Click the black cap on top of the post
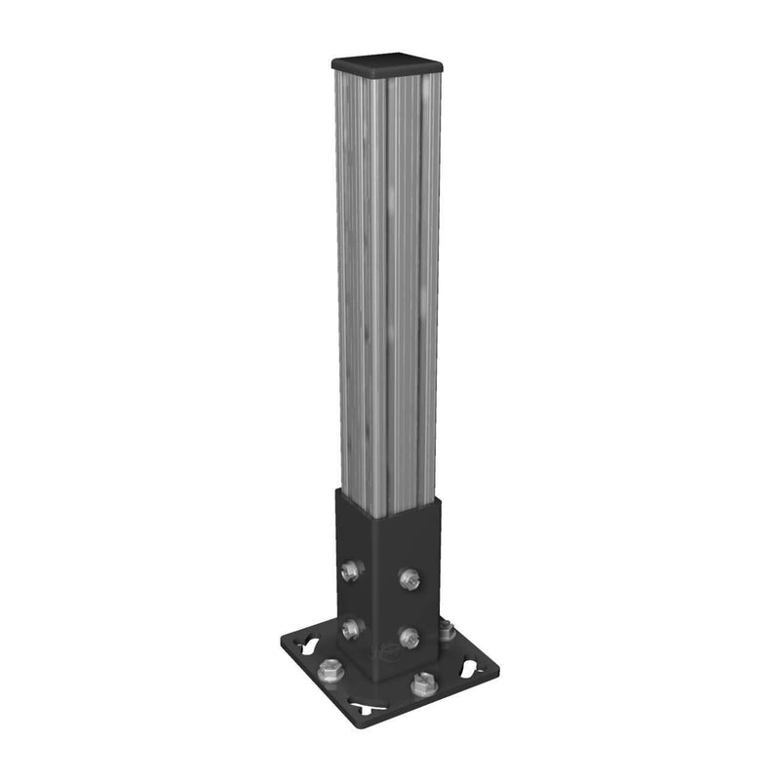click(x=388, y=63)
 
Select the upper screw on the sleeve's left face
click(x=354, y=570)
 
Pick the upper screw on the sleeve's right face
click(x=409, y=578)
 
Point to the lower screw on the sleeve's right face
click(x=409, y=638)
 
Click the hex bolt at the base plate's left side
click(x=330, y=670)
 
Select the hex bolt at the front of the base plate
click(x=422, y=684)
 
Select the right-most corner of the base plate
click(x=498, y=671)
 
